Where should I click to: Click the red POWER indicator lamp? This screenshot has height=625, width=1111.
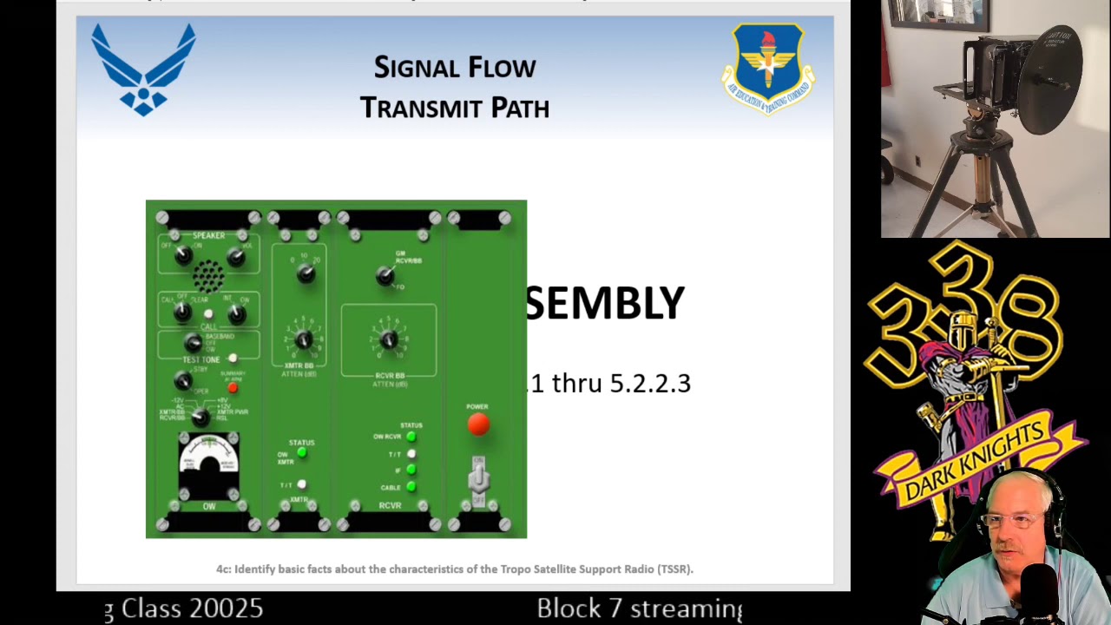[x=478, y=424]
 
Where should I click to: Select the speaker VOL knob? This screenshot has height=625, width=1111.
[x=235, y=256]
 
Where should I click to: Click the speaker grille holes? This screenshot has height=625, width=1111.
[x=207, y=277]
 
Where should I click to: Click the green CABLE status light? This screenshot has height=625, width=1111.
[x=411, y=487]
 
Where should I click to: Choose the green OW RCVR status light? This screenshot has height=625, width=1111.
[x=411, y=437]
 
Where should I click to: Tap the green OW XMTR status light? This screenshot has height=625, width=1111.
[x=302, y=452]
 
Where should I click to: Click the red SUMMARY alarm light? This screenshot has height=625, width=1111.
[x=233, y=387]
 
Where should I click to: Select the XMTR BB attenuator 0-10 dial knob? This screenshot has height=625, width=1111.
[x=303, y=339]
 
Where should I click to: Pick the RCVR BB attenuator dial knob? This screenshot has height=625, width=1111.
[x=389, y=339]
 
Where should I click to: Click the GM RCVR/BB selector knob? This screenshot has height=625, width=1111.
[x=385, y=276]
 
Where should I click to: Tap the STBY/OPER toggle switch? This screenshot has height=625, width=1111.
[x=182, y=380]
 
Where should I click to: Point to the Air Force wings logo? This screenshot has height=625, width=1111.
[x=143, y=69]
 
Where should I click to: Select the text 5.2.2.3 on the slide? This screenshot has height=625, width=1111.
[x=650, y=384]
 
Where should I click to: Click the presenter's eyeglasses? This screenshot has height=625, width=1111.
[x=1014, y=521]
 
